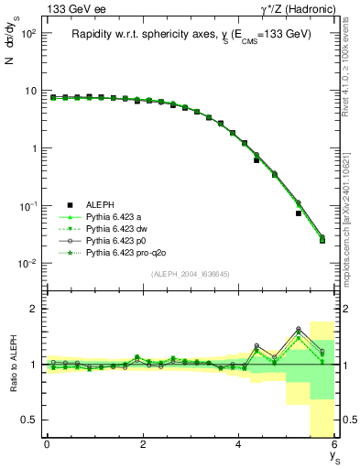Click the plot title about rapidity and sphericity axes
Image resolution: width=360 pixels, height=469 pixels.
pyautogui.click(x=191, y=34)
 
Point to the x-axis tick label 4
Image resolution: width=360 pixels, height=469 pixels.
pyautogui.click(x=239, y=444)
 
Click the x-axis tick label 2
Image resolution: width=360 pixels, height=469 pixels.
pyautogui.click(x=143, y=444)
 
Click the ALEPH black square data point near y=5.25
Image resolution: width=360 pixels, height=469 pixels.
pyautogui.click(x=299, y=213)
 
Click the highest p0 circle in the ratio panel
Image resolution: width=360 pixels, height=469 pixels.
pyautogui.click(x=299, y=329)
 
